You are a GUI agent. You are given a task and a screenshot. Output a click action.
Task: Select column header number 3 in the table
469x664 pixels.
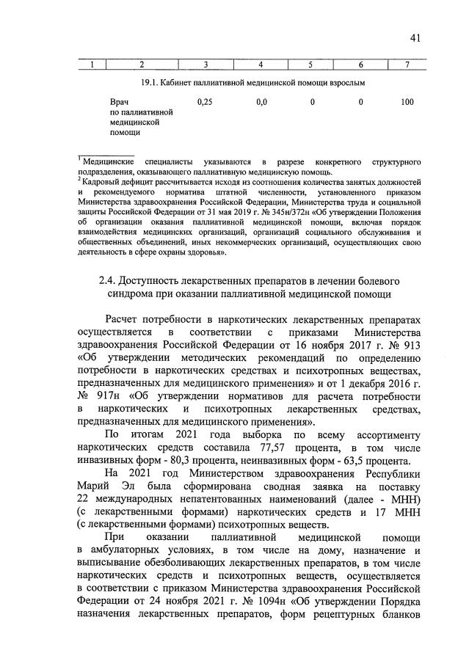(x=206, y=66)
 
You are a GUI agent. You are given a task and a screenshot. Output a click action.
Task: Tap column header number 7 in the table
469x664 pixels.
(x=407, y=66)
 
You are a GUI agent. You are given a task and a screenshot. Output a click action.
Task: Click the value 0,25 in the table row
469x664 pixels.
(x=206, y=102)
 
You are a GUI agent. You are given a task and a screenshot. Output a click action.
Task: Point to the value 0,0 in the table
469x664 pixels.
(x=261, y=102)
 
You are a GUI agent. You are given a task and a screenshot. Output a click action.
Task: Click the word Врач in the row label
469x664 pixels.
(x=119, y=102)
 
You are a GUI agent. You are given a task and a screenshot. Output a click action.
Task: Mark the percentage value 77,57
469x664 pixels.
(x=274, y=447)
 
